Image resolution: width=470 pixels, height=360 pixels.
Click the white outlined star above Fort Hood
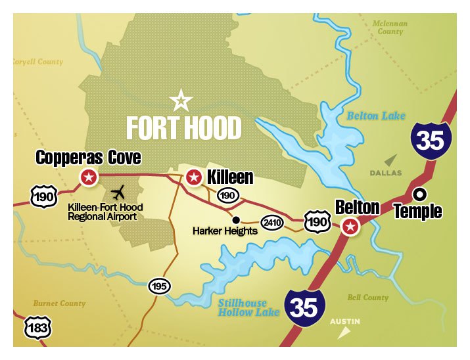181,101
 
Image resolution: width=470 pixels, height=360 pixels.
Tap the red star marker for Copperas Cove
88,177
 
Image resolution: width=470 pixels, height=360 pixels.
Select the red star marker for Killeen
194,177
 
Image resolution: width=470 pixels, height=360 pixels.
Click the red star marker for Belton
352,227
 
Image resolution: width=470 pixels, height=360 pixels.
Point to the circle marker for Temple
419,194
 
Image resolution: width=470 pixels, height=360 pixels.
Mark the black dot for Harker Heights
236,219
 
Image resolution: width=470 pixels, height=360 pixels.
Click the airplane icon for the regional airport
118,193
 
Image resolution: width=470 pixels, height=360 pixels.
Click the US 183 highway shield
37,327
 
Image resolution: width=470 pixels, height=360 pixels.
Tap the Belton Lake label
371,116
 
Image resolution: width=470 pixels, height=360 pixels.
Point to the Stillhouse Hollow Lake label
243,307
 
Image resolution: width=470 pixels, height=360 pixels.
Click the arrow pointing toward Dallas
392,159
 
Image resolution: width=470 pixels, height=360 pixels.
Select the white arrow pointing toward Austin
342,333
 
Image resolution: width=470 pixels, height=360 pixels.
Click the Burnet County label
59,304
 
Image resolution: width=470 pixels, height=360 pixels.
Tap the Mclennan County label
390,27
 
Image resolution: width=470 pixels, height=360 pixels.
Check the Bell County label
367,298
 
